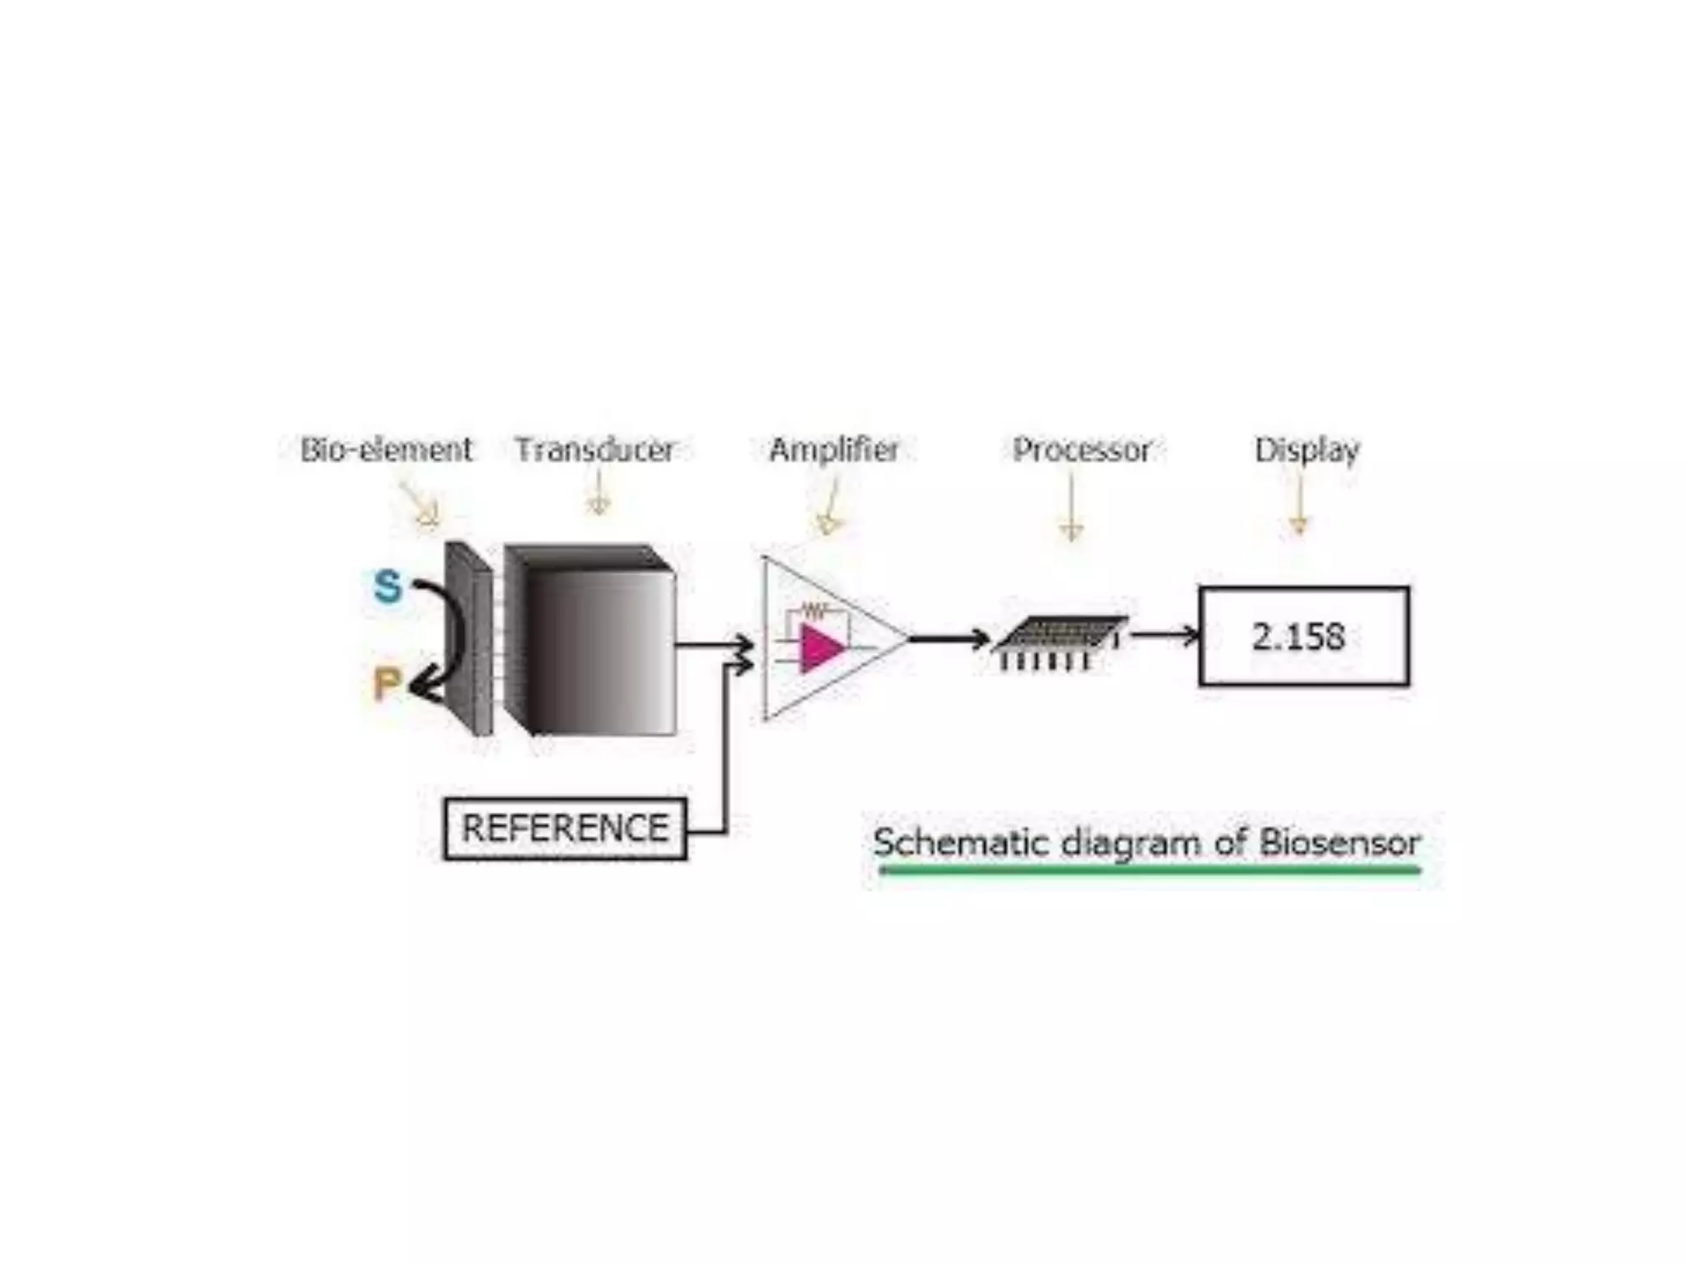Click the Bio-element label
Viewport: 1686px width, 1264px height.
(x=386, y=449)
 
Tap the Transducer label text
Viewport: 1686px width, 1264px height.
(x=594, y=449)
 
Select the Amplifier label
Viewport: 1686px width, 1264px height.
(x=833, y=449)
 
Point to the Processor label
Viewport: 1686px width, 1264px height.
(x=1081, y=449)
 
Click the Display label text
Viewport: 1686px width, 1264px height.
(x=1306, y=449)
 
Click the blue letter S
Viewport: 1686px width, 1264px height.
(x=387, y=586)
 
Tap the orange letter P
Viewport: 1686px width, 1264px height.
(x=386, y=683)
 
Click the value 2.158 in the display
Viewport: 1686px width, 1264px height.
(x=1298, y=636)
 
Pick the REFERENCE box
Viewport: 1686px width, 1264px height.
(x=565, y=829)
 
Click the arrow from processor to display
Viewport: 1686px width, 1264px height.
(x=1165, y=635)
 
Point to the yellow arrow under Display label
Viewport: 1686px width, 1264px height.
(x=1300, y=506)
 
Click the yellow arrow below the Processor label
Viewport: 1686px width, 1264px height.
(x=1071, y=510)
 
